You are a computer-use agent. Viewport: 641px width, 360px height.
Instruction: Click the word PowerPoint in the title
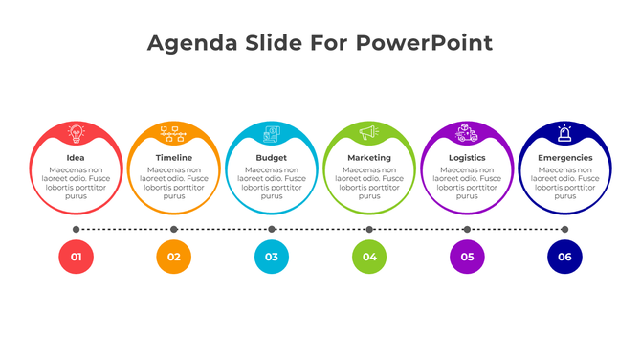point(424,43)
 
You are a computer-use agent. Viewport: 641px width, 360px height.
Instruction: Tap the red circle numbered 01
point(76,257)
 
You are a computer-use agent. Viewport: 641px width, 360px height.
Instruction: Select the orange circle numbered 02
point(173,257)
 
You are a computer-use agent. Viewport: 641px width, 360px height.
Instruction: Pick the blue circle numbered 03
point(272,257)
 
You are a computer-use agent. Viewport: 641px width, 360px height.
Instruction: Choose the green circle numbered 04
point(369,257)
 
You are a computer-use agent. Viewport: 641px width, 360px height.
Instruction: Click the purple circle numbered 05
point(467,257)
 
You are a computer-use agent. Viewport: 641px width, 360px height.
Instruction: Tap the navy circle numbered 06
point(564,257)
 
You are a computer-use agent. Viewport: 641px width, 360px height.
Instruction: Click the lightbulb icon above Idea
point(76,133)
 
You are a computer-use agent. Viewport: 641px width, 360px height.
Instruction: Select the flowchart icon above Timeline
point(173,133)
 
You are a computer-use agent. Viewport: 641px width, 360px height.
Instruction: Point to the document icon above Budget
point(272,133)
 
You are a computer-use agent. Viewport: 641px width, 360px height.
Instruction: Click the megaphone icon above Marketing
point(369,133)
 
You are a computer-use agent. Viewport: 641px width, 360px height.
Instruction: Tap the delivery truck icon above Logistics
point(467,133)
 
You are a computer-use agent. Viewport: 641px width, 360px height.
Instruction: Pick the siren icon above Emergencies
point(564,133)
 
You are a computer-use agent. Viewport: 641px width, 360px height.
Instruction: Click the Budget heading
point(272,157)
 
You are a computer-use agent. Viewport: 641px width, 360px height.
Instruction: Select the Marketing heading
point(369,157)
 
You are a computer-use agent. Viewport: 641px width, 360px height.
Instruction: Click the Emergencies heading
point(564,157)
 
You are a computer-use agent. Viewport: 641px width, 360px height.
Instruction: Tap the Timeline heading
point(173,157)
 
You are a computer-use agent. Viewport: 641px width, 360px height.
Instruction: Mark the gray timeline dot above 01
point(76,229)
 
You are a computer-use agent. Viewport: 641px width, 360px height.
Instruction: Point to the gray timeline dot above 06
point(564,229)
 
